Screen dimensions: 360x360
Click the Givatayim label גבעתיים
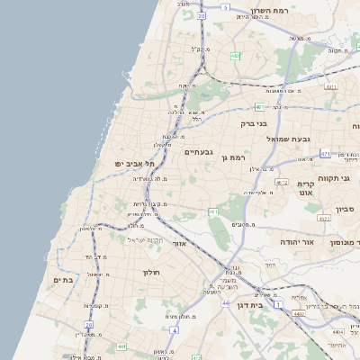pyautogui.click(x=199, y=152)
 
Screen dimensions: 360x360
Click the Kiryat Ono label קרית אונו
pyautogui.click(x=304, y=188)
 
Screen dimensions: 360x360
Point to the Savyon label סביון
pyautogui.click(x=346, y=209)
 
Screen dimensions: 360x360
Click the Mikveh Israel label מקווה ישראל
pyautogui.click(x=146, y=239)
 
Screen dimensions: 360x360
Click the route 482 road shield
pyautogui.click(x=235, y=56)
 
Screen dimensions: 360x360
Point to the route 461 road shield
pyautogui.click(x=213, y=211)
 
